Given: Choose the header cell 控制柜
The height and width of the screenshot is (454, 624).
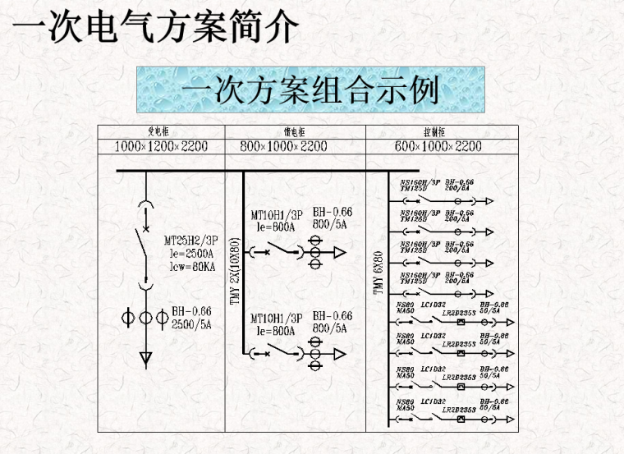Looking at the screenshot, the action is tap(435, 131).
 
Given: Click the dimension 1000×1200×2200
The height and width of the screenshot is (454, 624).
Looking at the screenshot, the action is tap(161, 146).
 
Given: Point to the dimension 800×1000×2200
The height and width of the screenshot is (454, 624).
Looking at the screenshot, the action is tap(283, 146).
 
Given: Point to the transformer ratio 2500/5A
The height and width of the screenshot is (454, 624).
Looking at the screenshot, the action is tap(191, 323).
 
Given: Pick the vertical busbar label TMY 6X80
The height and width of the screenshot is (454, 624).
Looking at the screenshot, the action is tap(379, 273).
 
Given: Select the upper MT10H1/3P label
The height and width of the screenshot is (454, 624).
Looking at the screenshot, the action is tap(277, 216).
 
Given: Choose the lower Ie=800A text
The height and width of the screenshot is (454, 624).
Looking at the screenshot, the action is tap(275, 330).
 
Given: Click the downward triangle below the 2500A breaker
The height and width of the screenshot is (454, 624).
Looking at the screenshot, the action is tap(145, 358).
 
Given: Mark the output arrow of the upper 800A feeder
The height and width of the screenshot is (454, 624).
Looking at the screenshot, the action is tap(340, 255).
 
